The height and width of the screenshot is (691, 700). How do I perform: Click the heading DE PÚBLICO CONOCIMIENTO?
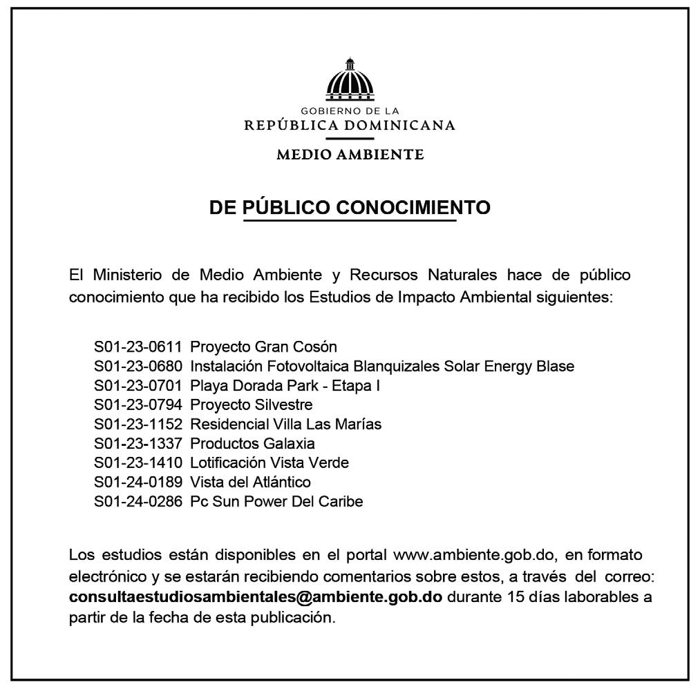click(350, 207)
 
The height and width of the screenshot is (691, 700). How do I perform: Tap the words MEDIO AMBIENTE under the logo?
click(350, 154)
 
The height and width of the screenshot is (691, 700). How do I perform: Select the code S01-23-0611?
click(138, 346)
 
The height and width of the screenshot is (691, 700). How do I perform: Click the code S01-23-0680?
click(138, 366)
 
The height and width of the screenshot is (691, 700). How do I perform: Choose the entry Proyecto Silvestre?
click(252, 405)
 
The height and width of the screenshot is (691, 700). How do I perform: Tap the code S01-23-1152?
click(138, 424)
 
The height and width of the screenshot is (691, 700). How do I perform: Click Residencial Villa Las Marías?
click(285, 424)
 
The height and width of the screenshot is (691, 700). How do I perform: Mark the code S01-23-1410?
click(138, 463)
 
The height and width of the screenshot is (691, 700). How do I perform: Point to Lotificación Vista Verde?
click(269, 463)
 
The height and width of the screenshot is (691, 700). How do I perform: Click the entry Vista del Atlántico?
click(250, 482)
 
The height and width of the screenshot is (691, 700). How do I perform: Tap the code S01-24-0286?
click(138, 502)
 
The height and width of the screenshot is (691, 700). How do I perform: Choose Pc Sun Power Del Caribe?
click(276, 502)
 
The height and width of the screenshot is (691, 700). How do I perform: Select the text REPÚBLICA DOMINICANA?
click(350, 125)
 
